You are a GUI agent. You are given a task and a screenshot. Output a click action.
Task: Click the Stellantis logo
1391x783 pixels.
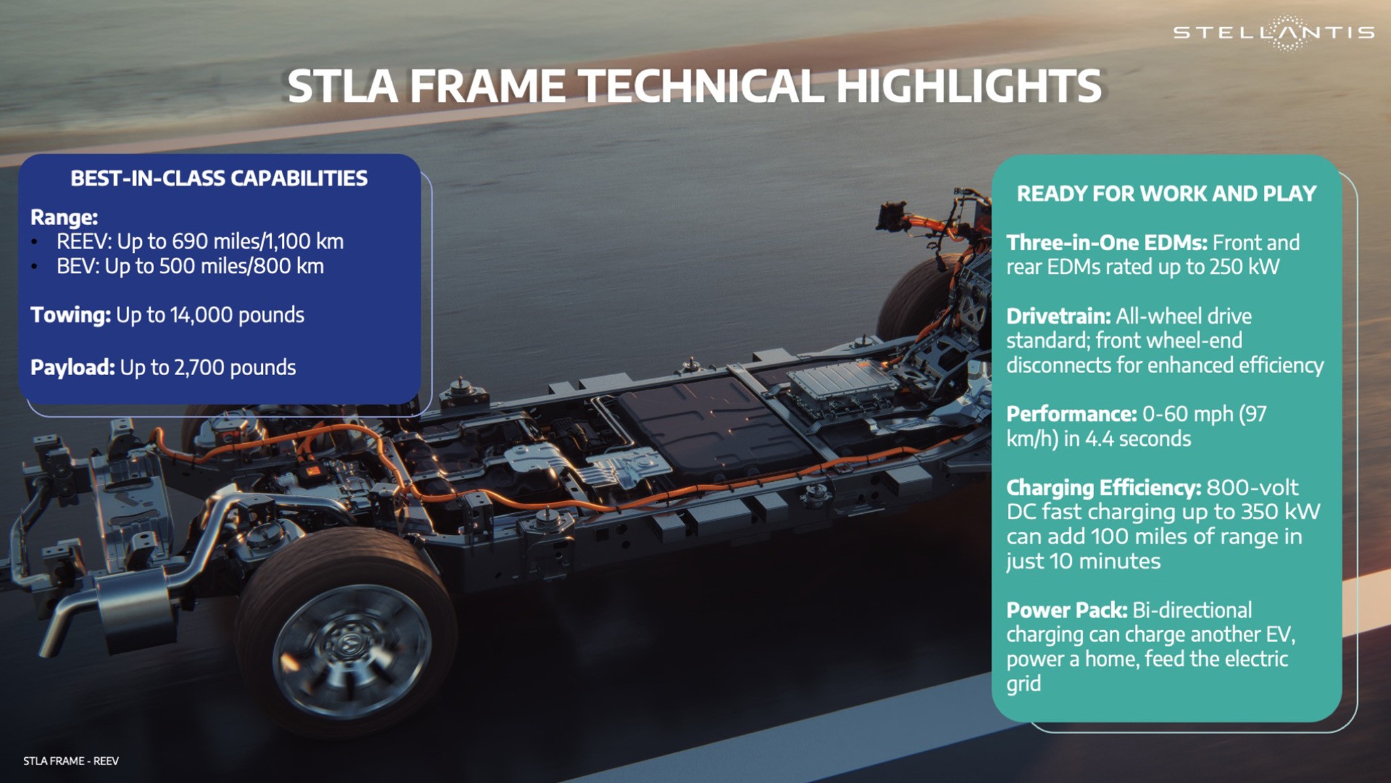tap(1273, 32)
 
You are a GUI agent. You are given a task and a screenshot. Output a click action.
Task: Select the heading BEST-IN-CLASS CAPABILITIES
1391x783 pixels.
tap(219, 178)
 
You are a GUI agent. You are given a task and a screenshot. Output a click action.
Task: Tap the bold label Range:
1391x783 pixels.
tap(65, 217)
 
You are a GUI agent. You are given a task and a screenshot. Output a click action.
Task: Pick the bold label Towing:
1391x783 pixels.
tap(71, 315)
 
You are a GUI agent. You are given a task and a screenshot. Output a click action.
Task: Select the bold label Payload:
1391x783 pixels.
tap(73, 367)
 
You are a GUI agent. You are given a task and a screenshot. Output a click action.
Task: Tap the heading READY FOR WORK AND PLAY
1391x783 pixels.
tap(1166, 194)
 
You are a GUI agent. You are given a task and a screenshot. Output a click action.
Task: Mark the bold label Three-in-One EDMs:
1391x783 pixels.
tap(1106, 243)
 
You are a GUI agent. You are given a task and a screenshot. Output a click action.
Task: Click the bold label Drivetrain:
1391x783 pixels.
tap(1058, 316)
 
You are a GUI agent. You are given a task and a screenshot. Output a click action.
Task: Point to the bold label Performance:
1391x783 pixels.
tap(1071, 414)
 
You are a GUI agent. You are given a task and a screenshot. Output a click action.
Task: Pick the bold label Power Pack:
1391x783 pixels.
tap(1066, 610)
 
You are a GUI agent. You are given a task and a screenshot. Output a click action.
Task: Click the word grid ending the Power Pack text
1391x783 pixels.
tap(1023, 684)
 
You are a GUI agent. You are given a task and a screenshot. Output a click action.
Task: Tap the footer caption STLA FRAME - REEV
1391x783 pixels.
tap(71, 761)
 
